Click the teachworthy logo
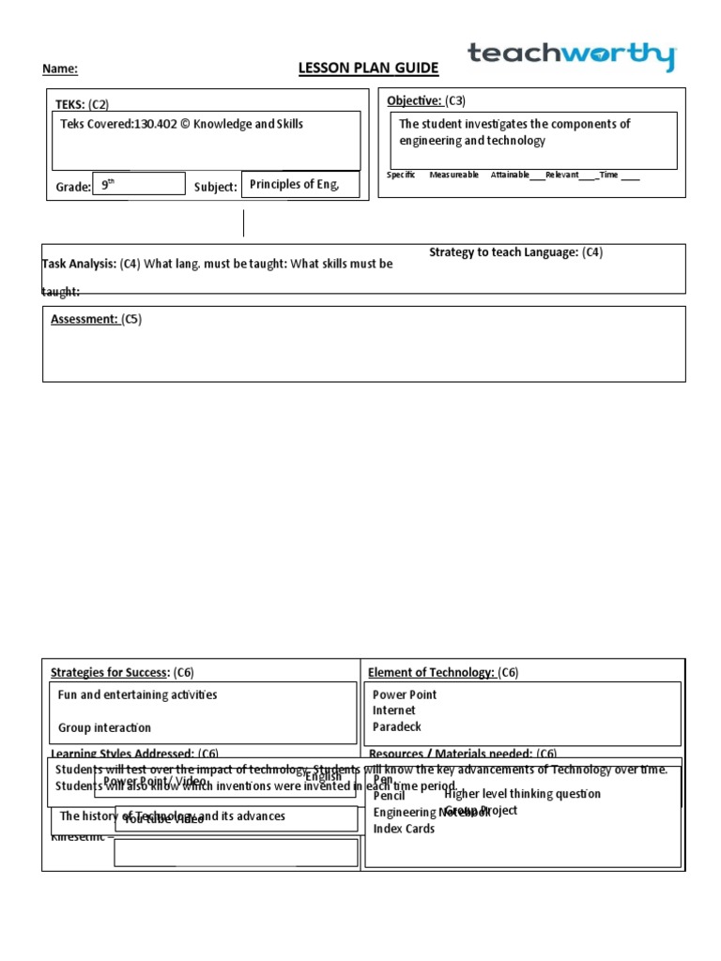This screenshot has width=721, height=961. (x=571, y=56)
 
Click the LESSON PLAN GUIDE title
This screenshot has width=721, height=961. (x=368, y=69)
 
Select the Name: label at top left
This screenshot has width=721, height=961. (x=60, y=69)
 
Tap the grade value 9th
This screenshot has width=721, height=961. (x=108, y=185)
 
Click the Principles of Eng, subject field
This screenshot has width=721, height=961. (x=292, y=185)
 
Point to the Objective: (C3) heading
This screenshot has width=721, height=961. (x=426, y=100)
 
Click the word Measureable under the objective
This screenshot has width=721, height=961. (x=453, y=175)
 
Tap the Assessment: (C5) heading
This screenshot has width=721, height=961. (x=96, y=319)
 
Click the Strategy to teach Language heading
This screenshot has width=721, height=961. (x=515, y=252)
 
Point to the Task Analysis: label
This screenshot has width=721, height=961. (x=80, y=264)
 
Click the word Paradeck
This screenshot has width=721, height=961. (x=397, y=727)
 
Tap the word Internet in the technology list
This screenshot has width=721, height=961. (x=393, y=711)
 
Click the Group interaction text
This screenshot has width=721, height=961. (x=104, y=727)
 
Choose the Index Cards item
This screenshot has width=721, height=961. (x=404, y=829)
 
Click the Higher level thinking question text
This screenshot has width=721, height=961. (x=522, y=794)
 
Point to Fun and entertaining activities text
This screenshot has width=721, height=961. (x=137, y=694)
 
